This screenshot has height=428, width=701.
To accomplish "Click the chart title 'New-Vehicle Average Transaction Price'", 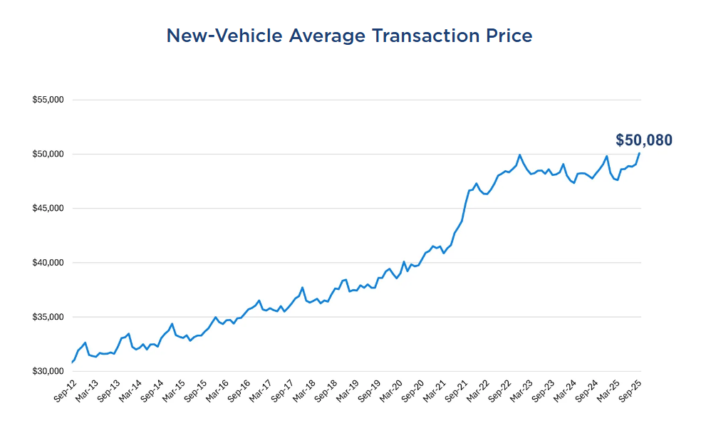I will pyautogui.click(x=349, y=36).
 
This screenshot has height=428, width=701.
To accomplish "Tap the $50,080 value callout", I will pyautogui.click(x=643, y=140).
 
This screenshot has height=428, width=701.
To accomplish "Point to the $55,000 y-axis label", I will pyautogui.click(x=48, y=100).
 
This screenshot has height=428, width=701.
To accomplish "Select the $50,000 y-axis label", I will pyautogui.click(x=48, y=154).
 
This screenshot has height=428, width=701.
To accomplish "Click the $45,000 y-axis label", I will pyautogui.click(x=48, y=209).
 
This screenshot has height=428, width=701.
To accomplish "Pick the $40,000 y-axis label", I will pyautogui.click(x=48, y=263).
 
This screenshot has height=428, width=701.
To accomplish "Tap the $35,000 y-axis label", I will pyautogui.click(x=48, y=317).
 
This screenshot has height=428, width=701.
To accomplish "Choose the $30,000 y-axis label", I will pyautogui.click(x=48, y=372).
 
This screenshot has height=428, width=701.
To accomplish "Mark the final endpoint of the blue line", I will pyautogui.click(x=639, y=153).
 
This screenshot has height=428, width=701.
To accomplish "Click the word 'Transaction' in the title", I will pyautogui.click(x=415, y=36).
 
